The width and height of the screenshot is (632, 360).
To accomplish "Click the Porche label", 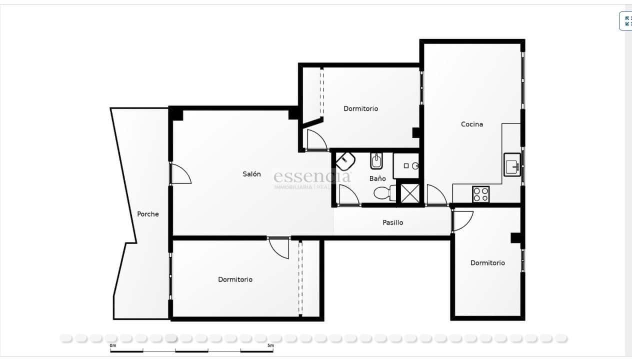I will click(148, 214).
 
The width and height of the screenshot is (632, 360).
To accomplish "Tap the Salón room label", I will click(251, 174).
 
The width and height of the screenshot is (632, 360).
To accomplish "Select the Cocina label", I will click(471, 124).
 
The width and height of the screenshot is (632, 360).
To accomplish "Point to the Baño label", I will click(377, 178).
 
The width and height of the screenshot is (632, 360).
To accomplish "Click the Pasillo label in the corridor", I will click(392, 222).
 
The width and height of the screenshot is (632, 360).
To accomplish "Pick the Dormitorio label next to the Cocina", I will click(360, 108).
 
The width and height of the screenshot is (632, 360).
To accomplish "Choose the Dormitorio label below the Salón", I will click(235, 279).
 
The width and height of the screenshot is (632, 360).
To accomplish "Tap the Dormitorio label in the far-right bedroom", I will click(487, 263).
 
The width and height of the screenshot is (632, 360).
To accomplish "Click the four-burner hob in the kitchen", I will click(480, 194).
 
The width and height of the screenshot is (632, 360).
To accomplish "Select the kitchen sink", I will click(512, 165).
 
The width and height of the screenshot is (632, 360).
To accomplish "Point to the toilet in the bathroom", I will click(384, 192).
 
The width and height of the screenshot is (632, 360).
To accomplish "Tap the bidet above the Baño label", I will click(376, 161).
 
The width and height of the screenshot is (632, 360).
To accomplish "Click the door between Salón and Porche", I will click(180, 174).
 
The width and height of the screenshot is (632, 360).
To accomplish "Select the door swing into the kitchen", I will click(436, 195).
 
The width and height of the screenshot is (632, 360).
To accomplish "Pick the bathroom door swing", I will click(348, 195).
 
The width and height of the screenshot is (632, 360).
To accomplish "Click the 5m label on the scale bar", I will click(270, 345).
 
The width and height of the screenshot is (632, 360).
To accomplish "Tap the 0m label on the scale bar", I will click(113, 345).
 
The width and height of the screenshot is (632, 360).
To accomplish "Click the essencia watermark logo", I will click(312, 176).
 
